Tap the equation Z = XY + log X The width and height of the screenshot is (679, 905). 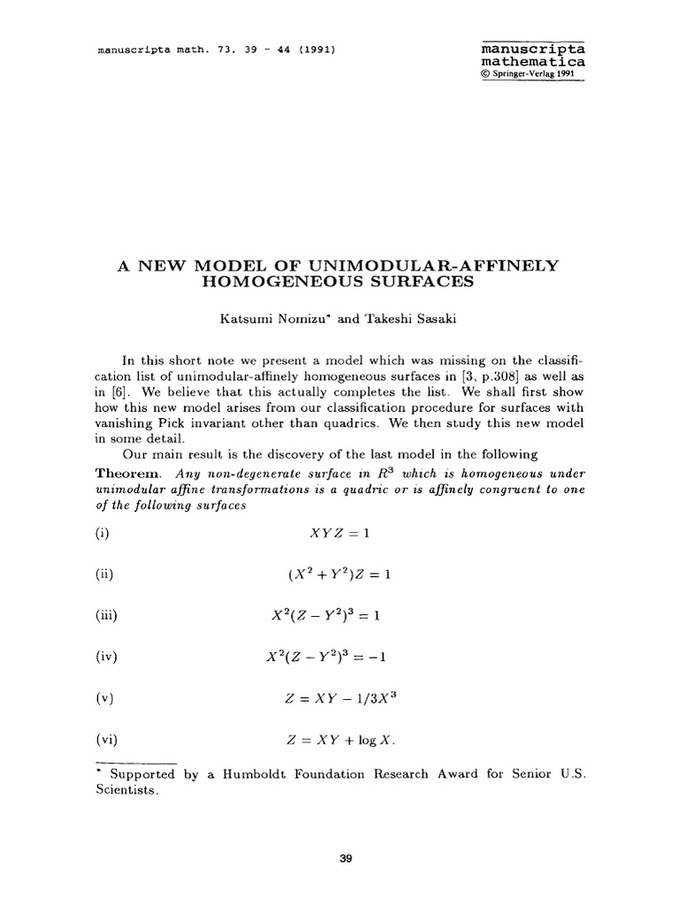[x=338, y=739]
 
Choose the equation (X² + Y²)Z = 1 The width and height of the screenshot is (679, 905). [x=338, y=575]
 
